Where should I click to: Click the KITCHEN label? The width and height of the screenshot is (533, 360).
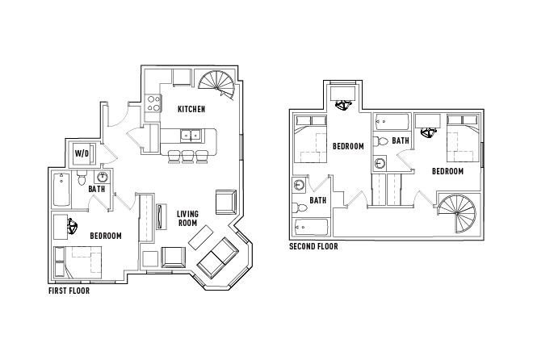coord(191,109)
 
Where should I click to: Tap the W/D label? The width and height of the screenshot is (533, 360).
coord(82,153)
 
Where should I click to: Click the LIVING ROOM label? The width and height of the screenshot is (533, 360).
coord(187,218)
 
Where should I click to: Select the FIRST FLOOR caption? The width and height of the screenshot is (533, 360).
coord(69,291)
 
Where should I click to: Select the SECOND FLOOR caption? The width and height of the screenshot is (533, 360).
coord(313,247)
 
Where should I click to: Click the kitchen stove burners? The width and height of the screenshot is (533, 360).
coord(151,103)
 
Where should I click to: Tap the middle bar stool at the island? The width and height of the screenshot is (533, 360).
coord(187,156)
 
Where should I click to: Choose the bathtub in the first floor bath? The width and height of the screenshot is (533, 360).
coord(61,190)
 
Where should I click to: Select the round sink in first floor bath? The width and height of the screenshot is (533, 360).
coord(103,178)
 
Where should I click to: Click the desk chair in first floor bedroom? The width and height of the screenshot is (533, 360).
coord(74,227)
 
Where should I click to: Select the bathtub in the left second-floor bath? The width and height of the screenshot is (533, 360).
coord(311,226)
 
